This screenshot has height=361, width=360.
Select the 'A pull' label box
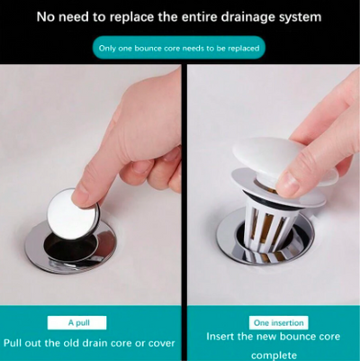pos(76,321)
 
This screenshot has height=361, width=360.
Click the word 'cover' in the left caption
pos(157,342)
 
